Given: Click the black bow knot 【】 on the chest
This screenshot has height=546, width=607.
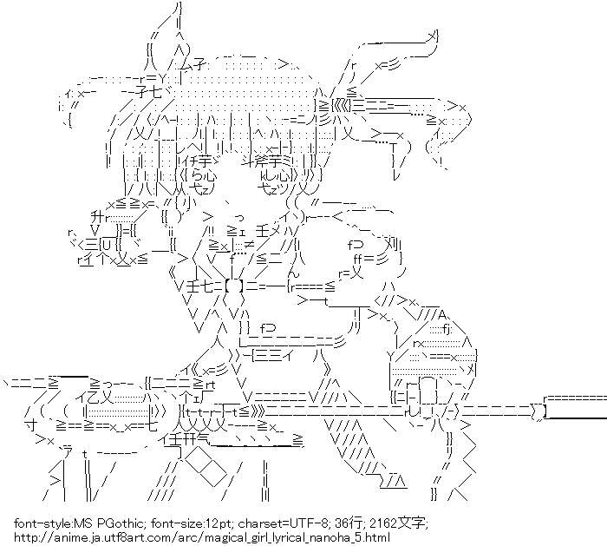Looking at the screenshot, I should (x=234, y=283).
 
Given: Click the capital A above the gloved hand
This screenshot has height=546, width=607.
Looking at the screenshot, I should (x=442, y=314).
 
